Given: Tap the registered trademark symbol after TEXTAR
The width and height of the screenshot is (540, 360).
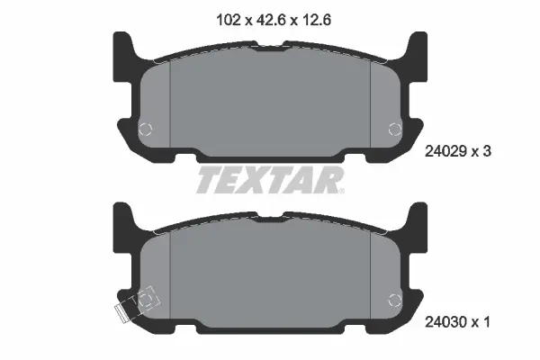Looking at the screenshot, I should pos(339,190).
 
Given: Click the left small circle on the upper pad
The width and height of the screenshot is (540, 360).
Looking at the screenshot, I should pos(147,129).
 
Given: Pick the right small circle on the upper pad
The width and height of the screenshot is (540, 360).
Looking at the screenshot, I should pos(392,129).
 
